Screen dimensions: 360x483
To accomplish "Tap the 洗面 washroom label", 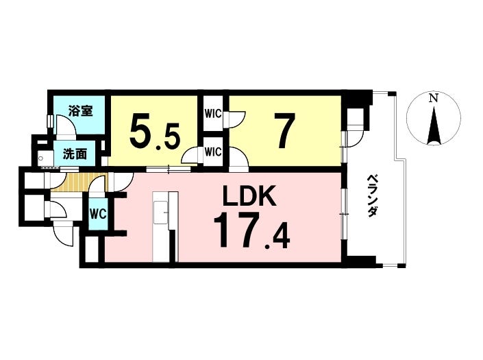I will tap(75, 154).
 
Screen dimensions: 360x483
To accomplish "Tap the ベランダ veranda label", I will tap(373, 196).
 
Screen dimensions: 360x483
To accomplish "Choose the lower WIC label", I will tap(212, 151).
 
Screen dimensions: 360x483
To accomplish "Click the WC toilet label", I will tap(97, 213).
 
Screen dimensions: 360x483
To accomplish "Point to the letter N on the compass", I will tap(432, 99).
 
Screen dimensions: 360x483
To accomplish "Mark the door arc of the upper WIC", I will tap(235, 121).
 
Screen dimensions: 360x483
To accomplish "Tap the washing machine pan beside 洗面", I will tap(46, 158).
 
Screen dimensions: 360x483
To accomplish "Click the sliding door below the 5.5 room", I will tap(169, 168).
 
